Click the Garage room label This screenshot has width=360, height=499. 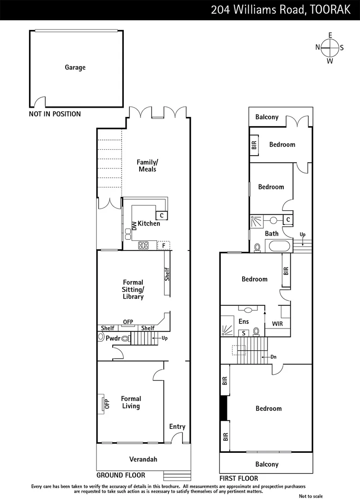click(x=75, y=67)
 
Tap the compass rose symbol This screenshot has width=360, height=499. click(x=329, y=48)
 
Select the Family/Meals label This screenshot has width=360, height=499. click(x=147, y=165)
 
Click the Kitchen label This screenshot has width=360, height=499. click(x=149, y=224)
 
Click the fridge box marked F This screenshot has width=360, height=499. click(x=163, y=245)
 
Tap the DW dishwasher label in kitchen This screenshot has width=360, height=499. click(x=134, y=226)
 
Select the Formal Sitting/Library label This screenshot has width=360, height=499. click(x=133, y=289)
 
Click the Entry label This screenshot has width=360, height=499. click(x=177, y=426)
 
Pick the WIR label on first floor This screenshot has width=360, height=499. click(x=277, y=324)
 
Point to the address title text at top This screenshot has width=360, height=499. click(x=280, y=10)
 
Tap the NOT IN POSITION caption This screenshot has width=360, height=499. click(x=55, y=114)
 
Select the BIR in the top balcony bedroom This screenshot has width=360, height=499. click(x=254, y=145)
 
